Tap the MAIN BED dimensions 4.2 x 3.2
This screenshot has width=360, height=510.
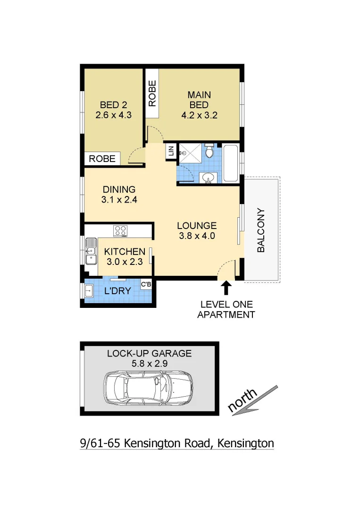199,115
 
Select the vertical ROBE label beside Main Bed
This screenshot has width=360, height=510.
152,94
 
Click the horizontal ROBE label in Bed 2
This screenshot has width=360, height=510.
102,159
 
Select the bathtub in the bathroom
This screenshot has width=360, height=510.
231,163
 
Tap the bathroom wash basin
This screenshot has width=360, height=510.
208,178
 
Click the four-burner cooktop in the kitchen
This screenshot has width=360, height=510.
120,231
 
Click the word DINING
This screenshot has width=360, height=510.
118,189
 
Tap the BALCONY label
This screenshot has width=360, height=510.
260,230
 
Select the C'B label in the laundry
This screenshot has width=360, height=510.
146,284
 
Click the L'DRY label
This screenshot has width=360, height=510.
117,291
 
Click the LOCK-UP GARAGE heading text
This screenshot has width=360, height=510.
149,353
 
